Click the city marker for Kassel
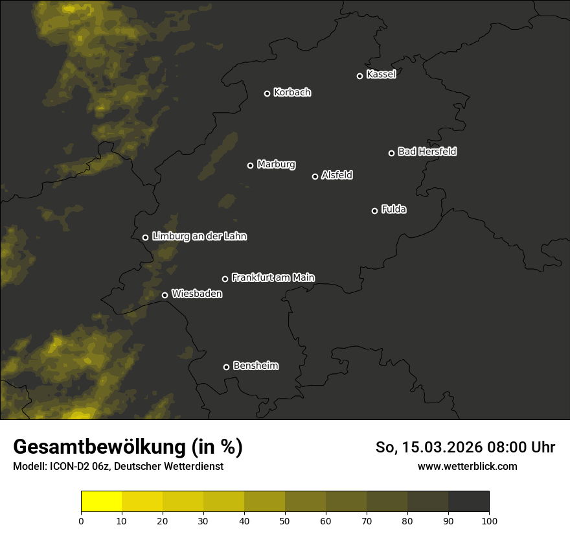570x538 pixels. (x=359, y=76)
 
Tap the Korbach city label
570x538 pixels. (x=292, y=93)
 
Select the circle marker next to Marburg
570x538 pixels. (x=250, y=165)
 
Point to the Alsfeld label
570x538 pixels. (x=337, y=175)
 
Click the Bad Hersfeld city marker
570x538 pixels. (x=391, y=153)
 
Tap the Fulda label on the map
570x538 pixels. (x=394, y=209)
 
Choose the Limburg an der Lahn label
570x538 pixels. (x=199, y=237)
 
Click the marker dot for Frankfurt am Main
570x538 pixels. (x=225, y=279)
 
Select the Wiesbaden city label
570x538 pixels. (x=197, y=294)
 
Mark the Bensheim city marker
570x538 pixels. (x=226, y=367)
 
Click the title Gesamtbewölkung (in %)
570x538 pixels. (x=128, y=447)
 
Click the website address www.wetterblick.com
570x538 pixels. (x=467, y=466)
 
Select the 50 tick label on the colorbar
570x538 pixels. (x=285, y=520)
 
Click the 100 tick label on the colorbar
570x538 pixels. (x=489, y=520)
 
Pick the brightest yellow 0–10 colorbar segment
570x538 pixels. (x=101, y=502)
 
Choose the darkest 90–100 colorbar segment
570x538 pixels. (x=468, y=502)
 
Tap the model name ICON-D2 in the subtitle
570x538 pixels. (x=67, y=466)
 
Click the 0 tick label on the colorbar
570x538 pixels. (x=81, y=520)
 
